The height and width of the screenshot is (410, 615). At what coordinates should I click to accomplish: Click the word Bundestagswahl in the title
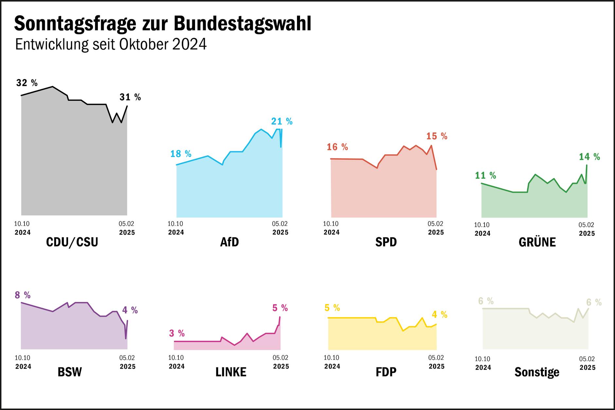[242, 24]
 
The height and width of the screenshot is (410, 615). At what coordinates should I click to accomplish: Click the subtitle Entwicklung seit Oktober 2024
[111, 44]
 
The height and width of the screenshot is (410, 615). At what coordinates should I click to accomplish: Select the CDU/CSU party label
[72, 242]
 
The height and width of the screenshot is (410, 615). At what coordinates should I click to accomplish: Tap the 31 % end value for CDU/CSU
[130, 97]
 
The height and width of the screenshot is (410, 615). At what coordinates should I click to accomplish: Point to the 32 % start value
[27, 83]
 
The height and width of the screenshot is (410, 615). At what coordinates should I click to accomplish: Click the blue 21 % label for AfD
[282, 122]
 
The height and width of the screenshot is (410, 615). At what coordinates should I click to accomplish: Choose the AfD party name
[229, 242]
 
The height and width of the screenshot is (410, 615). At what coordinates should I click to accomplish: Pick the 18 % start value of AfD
[181, 154]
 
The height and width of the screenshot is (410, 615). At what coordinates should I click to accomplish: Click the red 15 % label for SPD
[437, 136]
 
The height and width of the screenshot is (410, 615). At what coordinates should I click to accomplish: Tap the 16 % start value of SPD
[337, 147]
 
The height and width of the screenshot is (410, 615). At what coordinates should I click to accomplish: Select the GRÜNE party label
[537, 242]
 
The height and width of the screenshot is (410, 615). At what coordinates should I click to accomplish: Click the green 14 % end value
[589, 157]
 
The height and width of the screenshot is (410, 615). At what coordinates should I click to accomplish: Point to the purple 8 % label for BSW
[23, 295]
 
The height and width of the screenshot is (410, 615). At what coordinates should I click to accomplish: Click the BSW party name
[69, 372]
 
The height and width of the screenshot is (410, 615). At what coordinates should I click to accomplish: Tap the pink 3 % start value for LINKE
[177, 333]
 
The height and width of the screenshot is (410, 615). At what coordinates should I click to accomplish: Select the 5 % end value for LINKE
[280, 308]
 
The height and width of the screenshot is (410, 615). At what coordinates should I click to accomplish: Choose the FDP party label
[386, 372]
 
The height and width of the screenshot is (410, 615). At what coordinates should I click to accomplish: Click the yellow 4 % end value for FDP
[439, 315]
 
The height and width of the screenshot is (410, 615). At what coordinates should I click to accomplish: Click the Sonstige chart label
[537, 372]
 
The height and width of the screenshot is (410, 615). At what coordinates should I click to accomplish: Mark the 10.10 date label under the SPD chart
[331, 224]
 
